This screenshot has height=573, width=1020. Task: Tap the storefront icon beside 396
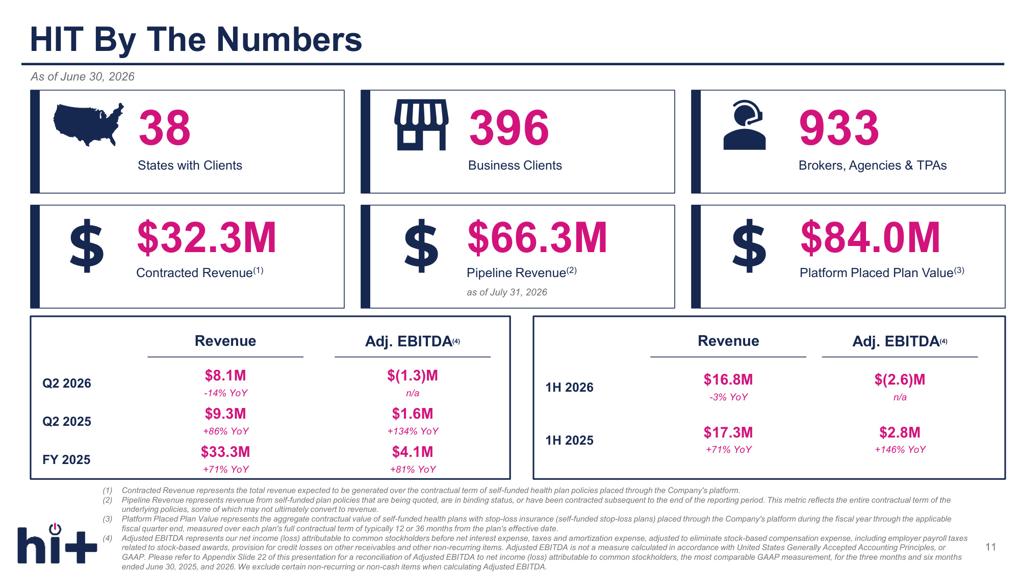421,125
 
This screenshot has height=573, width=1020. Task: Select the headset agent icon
744,125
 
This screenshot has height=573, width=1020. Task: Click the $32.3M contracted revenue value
207,237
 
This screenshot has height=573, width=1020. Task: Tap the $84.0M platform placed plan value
870,237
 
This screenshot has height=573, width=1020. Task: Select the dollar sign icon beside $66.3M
421,245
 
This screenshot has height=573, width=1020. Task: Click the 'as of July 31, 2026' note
507,292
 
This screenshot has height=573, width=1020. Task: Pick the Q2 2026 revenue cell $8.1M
225,375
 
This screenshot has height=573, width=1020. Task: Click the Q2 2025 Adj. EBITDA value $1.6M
413,414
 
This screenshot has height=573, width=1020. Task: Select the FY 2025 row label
66,460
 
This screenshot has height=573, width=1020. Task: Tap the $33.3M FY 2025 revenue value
225,452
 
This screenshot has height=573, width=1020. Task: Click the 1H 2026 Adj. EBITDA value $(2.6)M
900,379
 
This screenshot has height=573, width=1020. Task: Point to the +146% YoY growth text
900,450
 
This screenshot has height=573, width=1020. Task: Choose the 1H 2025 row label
570,441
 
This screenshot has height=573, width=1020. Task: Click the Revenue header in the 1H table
728,341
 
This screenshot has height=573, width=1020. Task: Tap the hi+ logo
57,543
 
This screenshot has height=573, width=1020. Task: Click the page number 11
990,547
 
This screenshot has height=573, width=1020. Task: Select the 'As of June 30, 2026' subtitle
83,76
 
